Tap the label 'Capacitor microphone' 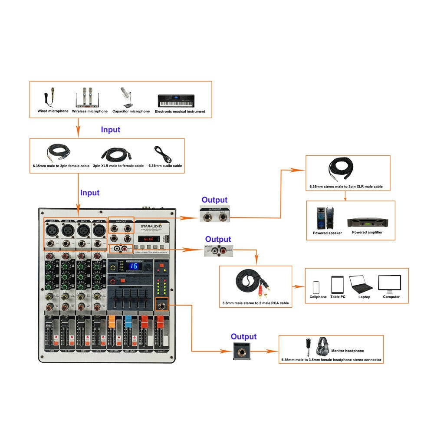(x=131, y=112)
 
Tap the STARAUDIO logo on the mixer (x=151, y=227)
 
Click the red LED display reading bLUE (x=145, y=239)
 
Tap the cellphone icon (x=316, y=287)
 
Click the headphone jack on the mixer (x=162, y=306)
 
